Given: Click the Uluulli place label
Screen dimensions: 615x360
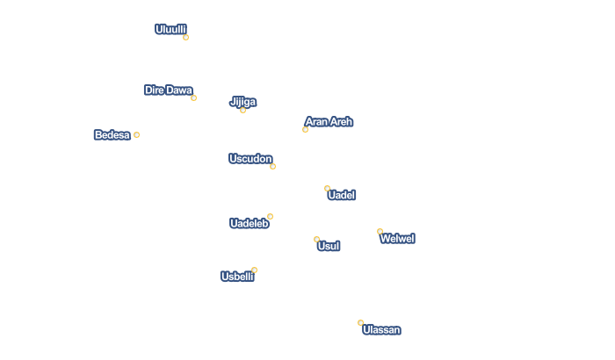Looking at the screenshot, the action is [x=170, y=29].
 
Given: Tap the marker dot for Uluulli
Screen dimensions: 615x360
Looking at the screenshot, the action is [x=185, y=37].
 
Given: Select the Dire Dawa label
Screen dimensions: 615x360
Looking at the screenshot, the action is [x=168, y=90].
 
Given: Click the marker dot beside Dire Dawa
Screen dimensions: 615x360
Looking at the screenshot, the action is [x=193, y=97].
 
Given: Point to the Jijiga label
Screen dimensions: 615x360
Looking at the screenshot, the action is [x=242, y=102].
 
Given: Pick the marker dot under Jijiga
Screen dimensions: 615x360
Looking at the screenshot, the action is [x=242, y=110].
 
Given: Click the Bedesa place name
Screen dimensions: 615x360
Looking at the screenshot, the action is [x=112, y=135].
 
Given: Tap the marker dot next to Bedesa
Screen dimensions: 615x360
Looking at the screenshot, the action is [x=136, y=134].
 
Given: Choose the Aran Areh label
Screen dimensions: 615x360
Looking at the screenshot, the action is [x=329, y=122].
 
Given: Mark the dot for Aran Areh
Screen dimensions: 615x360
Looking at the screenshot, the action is [x=305, y=129].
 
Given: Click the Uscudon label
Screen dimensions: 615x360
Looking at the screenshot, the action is [x=250, y=159].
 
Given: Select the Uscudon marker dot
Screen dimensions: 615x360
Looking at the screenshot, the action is [x=272, y=166].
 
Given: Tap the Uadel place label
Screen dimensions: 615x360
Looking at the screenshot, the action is [x=341, y=195].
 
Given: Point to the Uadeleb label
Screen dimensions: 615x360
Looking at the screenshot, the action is [x=249, y=224].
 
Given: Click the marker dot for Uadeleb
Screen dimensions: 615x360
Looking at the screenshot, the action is [x=270, y=216].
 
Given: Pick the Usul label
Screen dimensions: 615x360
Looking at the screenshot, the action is [x=328, y=247].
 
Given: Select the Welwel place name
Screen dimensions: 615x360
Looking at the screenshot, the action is [x=397, y=239].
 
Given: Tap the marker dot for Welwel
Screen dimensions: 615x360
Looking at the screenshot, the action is [x=380, y=231].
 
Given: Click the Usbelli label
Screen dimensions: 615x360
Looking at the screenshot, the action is [x=237, y=277].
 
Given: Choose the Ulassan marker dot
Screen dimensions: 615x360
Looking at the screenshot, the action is [x=360, y=322].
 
